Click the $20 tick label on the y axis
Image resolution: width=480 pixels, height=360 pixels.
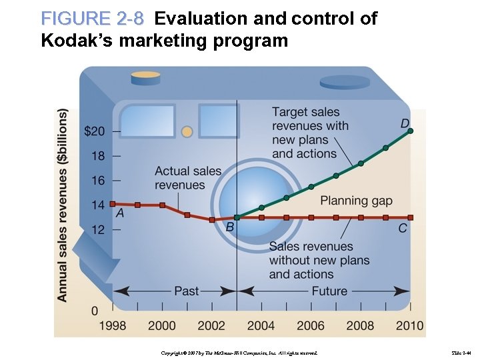tap(94, 131)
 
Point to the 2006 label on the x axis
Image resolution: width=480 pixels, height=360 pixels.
tap(310, 325)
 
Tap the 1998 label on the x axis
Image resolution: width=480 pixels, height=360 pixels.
tap(112, 325)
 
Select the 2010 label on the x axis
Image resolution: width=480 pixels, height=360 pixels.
tap(409, 325)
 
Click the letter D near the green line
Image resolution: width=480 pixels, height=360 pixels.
tap(405, 123)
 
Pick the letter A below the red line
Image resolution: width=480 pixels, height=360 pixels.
tap(120, 213)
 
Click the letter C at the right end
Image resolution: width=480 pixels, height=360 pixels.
tap(403, 228)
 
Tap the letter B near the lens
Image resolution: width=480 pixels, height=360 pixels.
tap(229, 228)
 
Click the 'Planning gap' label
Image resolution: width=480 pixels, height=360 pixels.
tap(356, 201)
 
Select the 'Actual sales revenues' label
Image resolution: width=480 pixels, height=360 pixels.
tap(188, 178)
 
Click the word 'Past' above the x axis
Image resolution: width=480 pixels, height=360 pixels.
tap(186, 291)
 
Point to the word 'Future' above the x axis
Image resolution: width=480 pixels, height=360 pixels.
tap(329, 291)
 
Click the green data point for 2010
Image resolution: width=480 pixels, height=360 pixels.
tap(410, 131)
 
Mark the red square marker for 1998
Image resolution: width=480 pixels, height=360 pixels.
tap(113, 204)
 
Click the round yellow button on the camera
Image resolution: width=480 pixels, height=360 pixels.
tap(187, 131)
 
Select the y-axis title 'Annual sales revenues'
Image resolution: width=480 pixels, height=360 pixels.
tap(63, 205)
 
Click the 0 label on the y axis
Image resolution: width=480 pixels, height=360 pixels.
tap(95, 311)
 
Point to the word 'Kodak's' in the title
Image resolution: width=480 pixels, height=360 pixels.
tap(73, 41)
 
